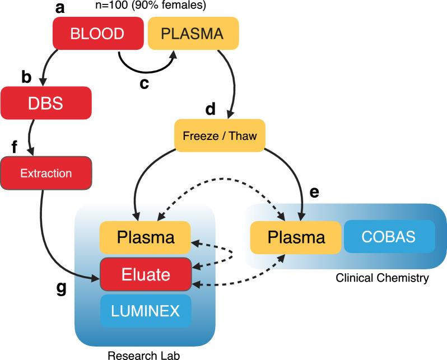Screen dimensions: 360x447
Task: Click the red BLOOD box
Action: [97, 33]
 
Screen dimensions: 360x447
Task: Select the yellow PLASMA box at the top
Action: [193, 33]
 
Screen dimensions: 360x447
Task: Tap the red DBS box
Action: [46, 102]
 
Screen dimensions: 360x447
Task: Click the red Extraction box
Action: [46, 173]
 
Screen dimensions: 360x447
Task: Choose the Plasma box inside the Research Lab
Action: [145, 237]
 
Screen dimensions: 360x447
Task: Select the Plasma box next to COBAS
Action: [295, 237]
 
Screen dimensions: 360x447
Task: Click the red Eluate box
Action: [145, 274]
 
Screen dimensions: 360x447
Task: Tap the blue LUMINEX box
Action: [145, 311]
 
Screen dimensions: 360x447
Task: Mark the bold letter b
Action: [26, 77]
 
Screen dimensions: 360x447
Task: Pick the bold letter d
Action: [210, 109]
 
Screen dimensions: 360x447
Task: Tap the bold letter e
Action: [314, 192]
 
